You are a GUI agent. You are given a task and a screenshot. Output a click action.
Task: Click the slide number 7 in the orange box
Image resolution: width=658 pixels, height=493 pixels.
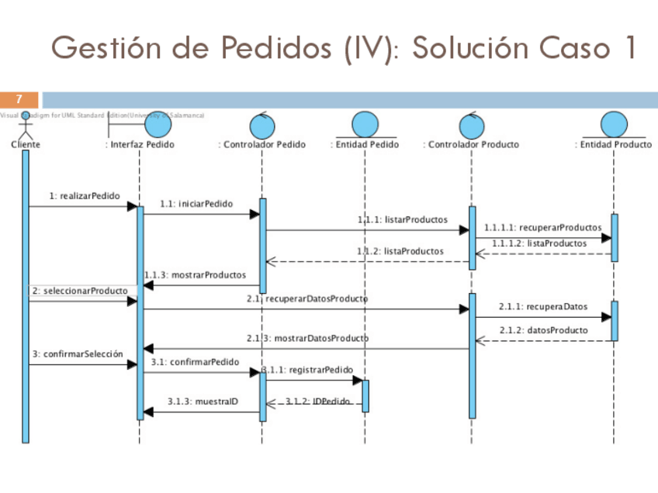(19, 100)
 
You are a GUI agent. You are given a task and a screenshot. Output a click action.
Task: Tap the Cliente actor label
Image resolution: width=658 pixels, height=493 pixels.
(26, 144)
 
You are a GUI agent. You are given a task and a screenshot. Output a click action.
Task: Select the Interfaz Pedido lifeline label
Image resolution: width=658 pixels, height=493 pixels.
(140, 144)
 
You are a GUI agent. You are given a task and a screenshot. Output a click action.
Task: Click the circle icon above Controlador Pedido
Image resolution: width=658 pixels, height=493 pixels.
(262, 125)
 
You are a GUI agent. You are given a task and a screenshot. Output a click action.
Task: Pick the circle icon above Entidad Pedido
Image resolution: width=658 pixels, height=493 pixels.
(364, 125)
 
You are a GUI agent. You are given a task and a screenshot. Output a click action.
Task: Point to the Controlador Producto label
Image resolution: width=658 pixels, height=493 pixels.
(472, 144)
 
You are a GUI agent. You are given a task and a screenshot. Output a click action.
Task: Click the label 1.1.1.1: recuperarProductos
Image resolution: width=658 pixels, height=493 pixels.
(542, 227)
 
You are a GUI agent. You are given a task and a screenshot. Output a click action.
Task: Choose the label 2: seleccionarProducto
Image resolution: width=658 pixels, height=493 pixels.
(80, 291)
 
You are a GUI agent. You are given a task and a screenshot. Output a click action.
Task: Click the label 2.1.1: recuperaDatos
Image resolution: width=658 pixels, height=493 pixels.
(543, 306)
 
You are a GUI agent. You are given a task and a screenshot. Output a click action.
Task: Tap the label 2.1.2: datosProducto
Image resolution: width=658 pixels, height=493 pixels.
(543, 329)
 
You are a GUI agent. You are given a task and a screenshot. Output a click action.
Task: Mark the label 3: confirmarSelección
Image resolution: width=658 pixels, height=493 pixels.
(78, 353)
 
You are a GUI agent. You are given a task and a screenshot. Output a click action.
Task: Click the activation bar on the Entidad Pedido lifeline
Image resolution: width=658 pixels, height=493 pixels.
(365, 395)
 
